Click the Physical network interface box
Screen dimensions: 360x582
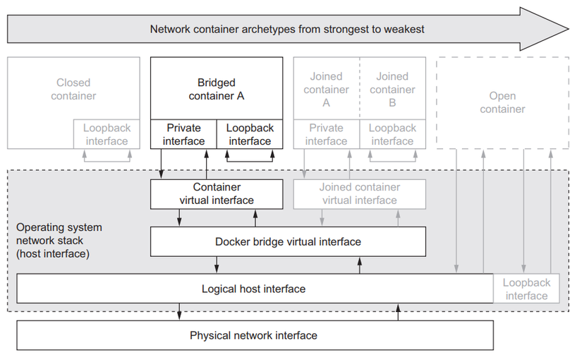click(254, 335)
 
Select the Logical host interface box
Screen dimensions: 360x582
click(254, 289)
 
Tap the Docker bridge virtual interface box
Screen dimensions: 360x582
click(288, 241)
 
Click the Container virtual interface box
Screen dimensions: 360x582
click(217, 194)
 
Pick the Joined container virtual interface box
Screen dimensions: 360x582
click(359, 194)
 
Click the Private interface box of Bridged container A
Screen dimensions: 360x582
click(183, 134)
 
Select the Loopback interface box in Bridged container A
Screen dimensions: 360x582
click(250, 134)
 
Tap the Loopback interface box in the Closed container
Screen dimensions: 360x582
click(107, 134)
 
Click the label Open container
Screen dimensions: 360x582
click(502, 102)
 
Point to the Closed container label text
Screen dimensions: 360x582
click(73, 89)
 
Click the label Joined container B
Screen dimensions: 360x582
click(392, 89)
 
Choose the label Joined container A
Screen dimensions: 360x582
click(326, 89)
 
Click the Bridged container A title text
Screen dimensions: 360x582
click(217, 89)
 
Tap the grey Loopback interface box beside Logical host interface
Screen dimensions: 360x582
click(526, 289)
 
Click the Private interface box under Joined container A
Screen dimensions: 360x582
click(326, 134)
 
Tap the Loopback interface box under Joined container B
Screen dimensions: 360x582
click(392, 134)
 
